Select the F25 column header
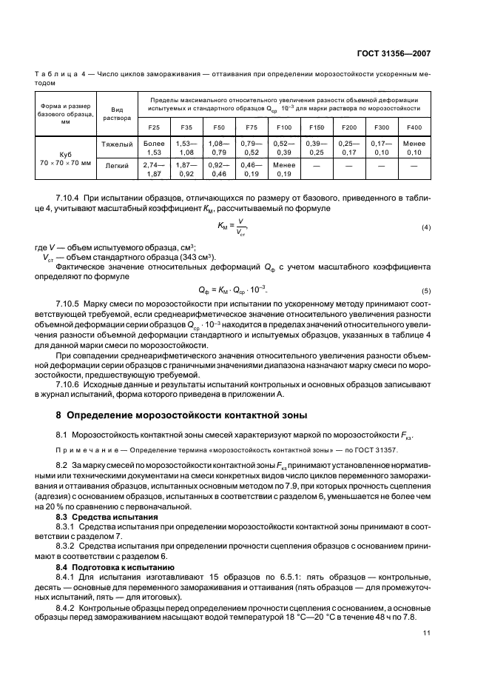tap(153, 128)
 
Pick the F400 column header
tap(414, 128)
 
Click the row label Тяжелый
tap(117, 142)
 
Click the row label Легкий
tap(117, 166)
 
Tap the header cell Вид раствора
tap(117, 112)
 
